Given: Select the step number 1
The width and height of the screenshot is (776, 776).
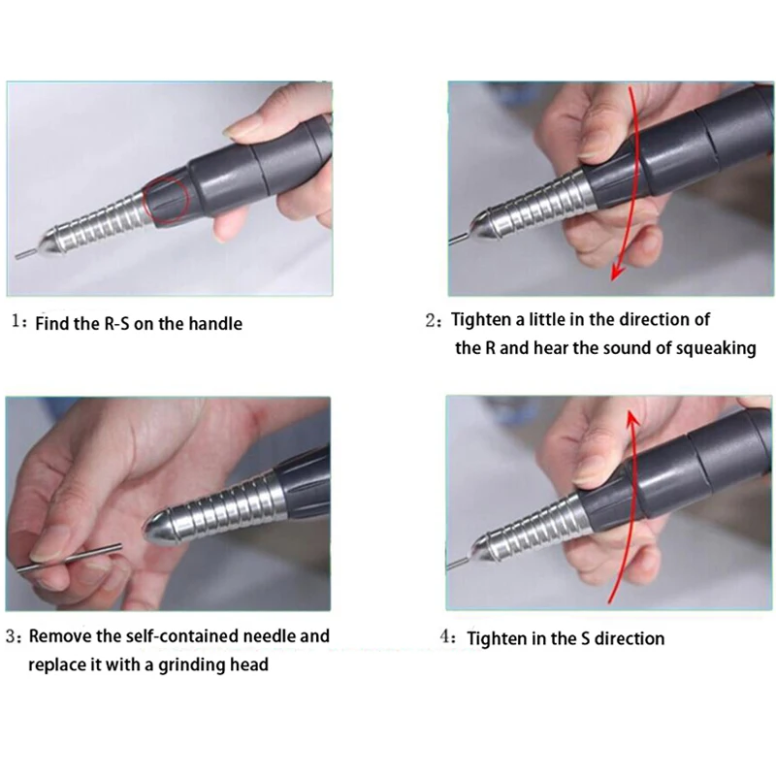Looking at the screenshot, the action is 16,322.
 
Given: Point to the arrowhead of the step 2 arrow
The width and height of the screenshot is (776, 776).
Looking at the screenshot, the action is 617,272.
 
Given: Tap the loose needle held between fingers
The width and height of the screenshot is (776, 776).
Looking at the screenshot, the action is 69,559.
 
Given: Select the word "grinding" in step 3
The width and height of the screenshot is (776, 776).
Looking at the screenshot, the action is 185,665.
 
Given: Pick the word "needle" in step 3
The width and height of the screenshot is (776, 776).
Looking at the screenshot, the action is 256,636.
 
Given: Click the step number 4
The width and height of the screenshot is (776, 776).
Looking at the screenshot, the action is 444,636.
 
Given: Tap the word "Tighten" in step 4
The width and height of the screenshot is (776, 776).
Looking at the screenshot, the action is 497,639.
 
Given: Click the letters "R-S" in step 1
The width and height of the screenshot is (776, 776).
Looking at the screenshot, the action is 116,324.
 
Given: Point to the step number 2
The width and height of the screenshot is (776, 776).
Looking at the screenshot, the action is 431,321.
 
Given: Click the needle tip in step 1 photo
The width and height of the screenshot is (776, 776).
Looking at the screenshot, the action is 17,256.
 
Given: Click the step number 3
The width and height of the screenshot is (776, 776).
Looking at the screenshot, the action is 11,636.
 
